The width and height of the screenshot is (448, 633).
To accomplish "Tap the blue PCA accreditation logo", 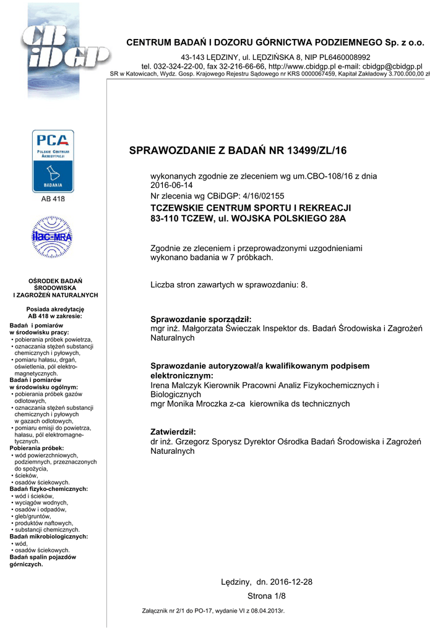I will coord(53,161).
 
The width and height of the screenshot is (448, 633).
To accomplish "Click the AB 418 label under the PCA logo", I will coord(53,199).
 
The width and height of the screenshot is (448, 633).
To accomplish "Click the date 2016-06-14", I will coord(172,185).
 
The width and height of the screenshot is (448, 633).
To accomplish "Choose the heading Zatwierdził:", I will coord(173,431).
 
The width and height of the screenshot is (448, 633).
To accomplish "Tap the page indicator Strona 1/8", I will coord(267,596).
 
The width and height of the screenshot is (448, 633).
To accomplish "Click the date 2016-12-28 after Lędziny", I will coord(291,582).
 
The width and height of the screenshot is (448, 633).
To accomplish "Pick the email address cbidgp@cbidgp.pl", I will coord(392,66).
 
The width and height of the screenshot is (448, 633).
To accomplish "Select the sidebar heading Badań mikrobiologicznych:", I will coord(49,537).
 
